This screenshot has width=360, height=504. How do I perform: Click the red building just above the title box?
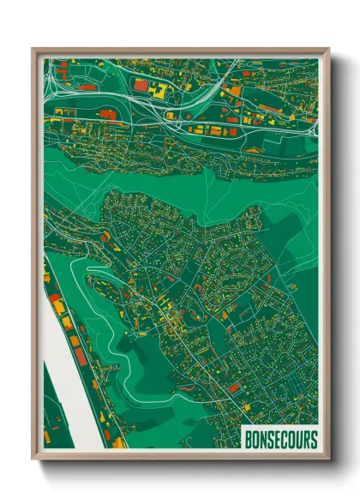(234, 388)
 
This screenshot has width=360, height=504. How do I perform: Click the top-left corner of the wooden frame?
(33, 49)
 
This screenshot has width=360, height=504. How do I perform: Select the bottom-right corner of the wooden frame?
(327, 459)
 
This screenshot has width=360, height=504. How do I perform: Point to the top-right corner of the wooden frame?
(327, 49)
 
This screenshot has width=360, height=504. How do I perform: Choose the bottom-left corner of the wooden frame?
(33, 459)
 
